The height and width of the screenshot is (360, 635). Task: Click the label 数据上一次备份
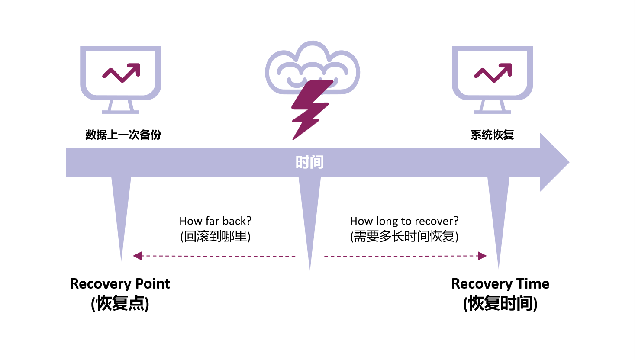pos(123,135)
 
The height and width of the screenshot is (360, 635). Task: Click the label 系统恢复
pos(492,135)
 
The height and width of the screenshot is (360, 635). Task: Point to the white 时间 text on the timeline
pos(309,162)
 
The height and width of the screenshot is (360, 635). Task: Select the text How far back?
pos(215,221)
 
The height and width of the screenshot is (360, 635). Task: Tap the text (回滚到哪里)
pos(215,236)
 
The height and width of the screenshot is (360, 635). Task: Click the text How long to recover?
pos(404,221)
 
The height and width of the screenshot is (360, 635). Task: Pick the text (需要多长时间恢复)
pos(404,236)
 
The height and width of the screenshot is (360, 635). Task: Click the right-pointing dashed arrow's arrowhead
pos(482,256)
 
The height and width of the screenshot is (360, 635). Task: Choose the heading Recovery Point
pos(120,284)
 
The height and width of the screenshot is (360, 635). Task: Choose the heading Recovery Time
pos(500,284)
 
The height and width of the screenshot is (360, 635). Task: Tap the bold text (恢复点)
pos(120,303)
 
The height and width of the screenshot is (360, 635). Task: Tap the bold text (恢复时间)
pos(500,303)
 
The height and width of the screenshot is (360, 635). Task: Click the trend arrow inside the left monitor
pos(122,73)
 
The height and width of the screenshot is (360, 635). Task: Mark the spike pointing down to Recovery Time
pos(498,216)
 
